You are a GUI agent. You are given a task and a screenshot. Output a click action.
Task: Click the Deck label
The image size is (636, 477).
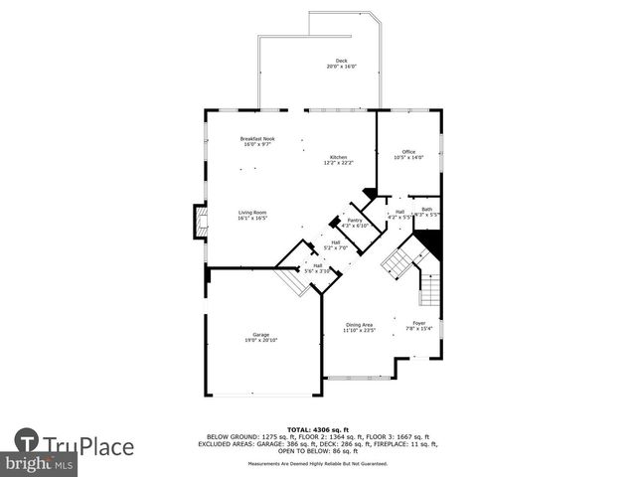[341, 64]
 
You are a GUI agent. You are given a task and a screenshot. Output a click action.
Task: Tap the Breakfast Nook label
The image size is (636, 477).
[257, 141]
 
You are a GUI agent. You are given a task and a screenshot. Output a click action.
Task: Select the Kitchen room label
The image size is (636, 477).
[339, 160]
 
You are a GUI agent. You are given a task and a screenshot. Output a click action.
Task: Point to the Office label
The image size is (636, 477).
[408, 154]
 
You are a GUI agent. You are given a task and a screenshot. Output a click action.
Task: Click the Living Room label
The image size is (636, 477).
[251, 215]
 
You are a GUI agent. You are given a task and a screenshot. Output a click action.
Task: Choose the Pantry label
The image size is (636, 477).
[354, 223]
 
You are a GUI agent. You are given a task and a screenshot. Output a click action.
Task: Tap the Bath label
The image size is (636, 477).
[426, 211]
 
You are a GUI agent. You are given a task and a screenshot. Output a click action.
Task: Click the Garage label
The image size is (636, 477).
[260, 337]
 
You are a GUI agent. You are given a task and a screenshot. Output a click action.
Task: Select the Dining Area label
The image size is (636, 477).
[358, 327]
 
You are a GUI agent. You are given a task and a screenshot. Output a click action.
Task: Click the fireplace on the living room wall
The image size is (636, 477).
[201, 223]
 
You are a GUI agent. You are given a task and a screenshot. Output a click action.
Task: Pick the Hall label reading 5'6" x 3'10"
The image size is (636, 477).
[317, 267]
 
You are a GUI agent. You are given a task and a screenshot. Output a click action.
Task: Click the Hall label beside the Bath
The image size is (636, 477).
[399, 213]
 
